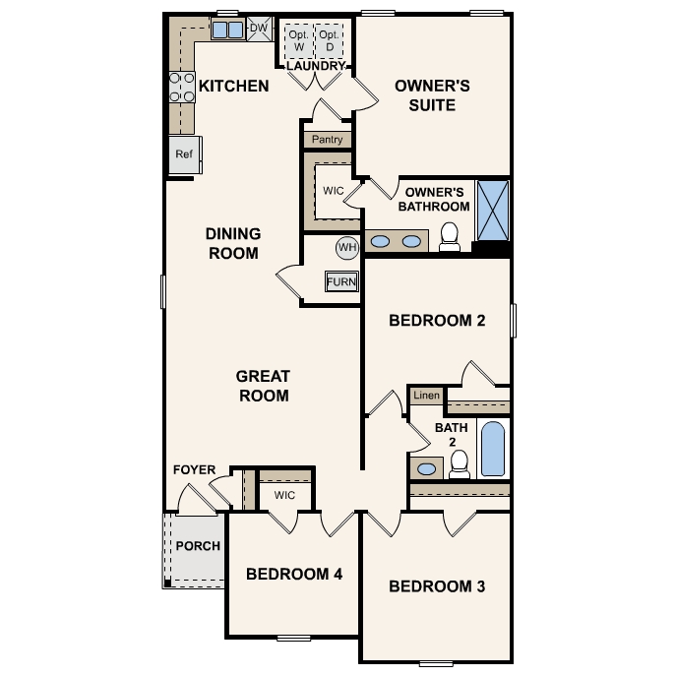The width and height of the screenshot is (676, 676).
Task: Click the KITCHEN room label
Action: point(233,87)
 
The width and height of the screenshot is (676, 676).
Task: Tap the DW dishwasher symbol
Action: point(259,29)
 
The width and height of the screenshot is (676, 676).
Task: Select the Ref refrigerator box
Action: point(184,154)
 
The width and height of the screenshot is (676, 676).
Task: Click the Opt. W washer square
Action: point(298,41)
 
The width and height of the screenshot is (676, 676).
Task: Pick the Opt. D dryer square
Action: point(331,41)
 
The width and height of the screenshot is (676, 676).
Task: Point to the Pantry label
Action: point(327,140)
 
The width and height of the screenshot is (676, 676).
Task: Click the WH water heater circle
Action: point(346,247)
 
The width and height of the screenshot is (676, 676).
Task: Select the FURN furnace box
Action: point(341,282)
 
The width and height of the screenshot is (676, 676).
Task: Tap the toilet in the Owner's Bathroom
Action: point(450,236)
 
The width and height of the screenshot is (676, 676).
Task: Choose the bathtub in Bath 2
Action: point(493,448)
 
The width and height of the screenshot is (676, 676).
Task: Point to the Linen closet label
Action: point(425,396)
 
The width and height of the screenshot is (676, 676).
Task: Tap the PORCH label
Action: point(196,546)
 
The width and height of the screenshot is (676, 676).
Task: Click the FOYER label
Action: point(193,469)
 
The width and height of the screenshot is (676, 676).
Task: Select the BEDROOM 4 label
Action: point(294,574)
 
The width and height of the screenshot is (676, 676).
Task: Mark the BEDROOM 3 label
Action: point(437,586)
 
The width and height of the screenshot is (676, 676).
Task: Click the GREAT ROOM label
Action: point(263,386)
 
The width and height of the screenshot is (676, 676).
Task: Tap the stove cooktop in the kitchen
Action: point(182,88)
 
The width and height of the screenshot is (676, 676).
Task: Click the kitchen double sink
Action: point(228,30)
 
